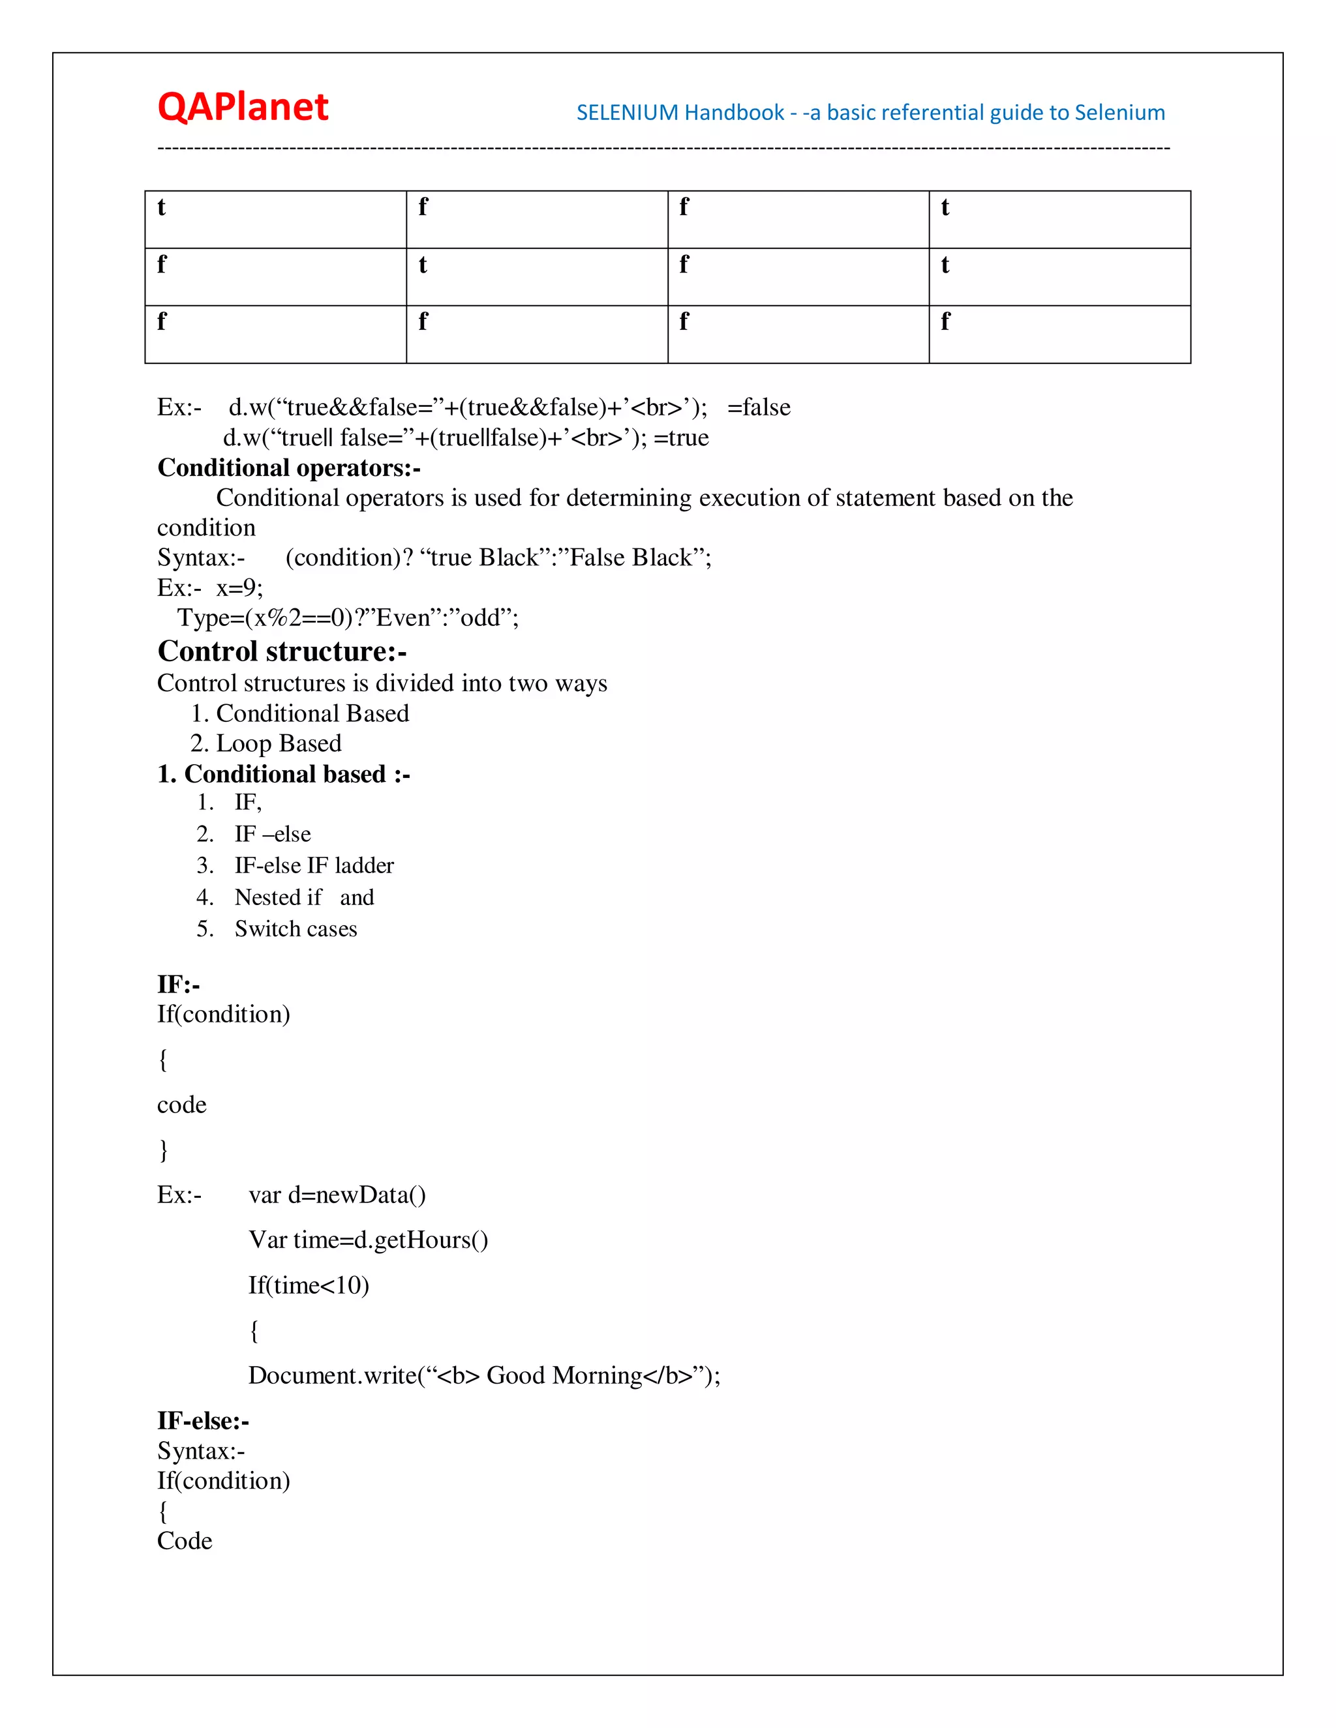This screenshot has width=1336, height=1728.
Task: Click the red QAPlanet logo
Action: tap(242, 107)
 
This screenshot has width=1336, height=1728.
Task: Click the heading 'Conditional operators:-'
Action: tap(289, 468)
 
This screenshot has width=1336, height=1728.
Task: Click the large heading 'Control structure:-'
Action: tap(282, 651)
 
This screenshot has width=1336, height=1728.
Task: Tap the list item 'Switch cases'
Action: tap(296, 929)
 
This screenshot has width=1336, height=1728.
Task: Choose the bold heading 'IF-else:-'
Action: tap(203, 1421)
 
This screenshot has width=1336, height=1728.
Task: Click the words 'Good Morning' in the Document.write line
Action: tap(564, 1375)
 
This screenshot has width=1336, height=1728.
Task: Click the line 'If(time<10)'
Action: tap(309, 1285)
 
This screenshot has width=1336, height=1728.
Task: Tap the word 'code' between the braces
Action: tap(181, 1105)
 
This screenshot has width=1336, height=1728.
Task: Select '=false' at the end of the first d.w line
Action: tap(758, 408)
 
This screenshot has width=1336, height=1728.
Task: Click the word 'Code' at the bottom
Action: tap(185, 1542)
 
